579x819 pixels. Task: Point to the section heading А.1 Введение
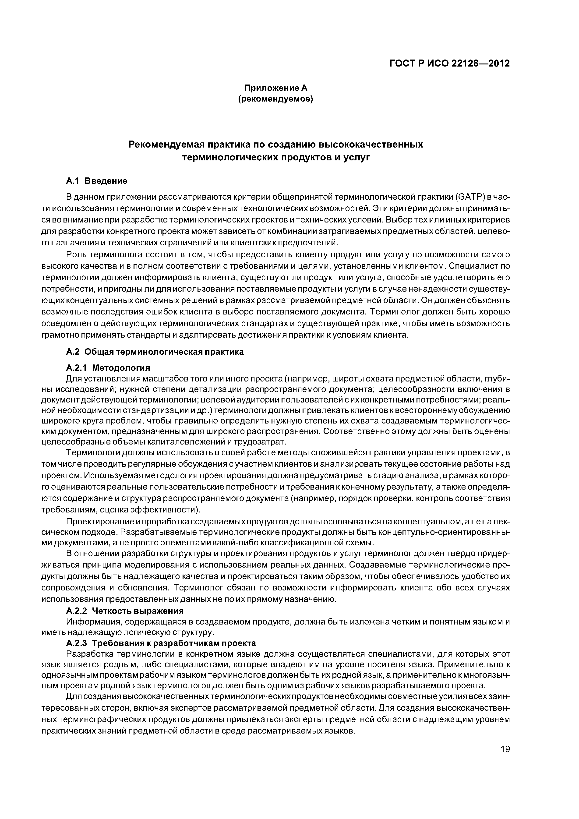97,181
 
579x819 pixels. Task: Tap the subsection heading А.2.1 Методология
108,368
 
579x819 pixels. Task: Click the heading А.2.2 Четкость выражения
125,611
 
